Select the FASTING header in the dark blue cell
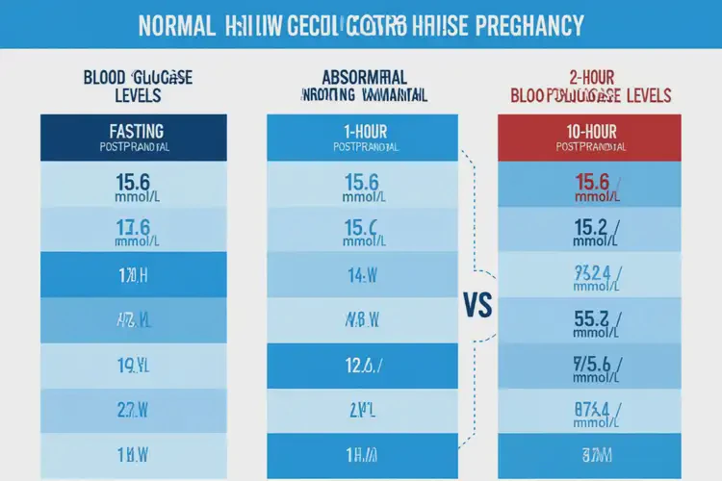134,131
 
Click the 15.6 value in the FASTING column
134,181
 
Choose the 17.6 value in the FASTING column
134,227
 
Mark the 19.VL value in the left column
134,365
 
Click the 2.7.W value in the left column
134,410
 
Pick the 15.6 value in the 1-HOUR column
362,181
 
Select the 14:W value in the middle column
362,275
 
